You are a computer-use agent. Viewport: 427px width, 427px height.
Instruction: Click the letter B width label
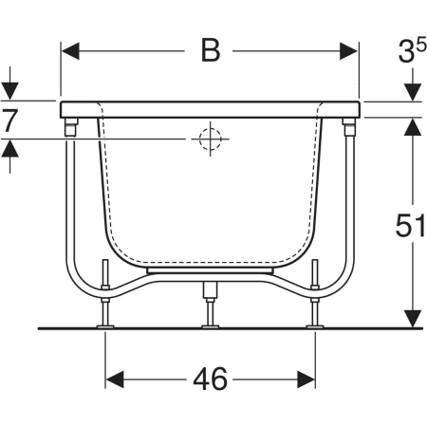(211, 51)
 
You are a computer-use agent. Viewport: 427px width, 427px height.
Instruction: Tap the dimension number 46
(211, 379)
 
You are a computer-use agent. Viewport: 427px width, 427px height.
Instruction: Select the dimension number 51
(410, 225)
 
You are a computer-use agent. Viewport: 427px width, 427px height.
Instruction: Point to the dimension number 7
(9, 120)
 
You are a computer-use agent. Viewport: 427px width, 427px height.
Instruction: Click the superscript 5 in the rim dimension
(420, 46)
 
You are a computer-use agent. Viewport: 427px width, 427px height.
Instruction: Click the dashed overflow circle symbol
(210, 139)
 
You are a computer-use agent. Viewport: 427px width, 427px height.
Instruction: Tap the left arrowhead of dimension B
(70, 51)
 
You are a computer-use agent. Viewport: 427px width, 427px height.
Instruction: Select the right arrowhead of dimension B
(349, 51)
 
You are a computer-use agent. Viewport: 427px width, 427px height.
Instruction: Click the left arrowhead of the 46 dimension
(115, 380)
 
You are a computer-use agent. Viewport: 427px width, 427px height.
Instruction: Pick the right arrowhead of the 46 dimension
(306, 380)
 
